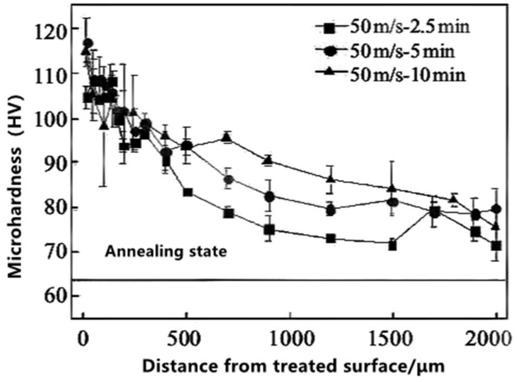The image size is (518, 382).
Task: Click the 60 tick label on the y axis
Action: [54, 296]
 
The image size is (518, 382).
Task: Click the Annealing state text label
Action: [166, 252]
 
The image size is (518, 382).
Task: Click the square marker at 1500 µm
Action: [392, 246]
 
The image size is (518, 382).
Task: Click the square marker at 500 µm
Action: [188, 192]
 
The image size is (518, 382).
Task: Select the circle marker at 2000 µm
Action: [496, 209]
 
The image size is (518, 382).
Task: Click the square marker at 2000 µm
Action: [496, 246]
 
